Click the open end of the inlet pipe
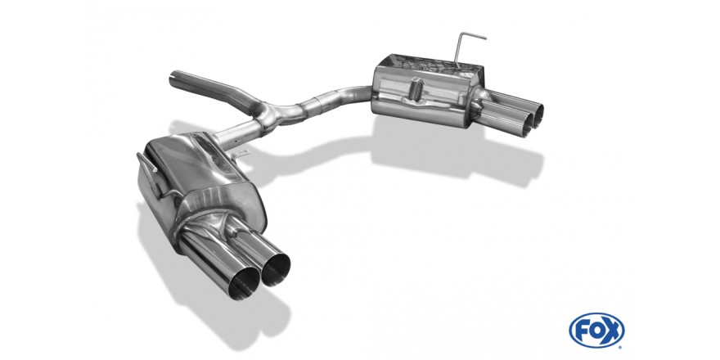[173, 80]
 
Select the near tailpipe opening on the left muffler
[245, 282]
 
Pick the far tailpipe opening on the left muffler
[276, 268]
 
